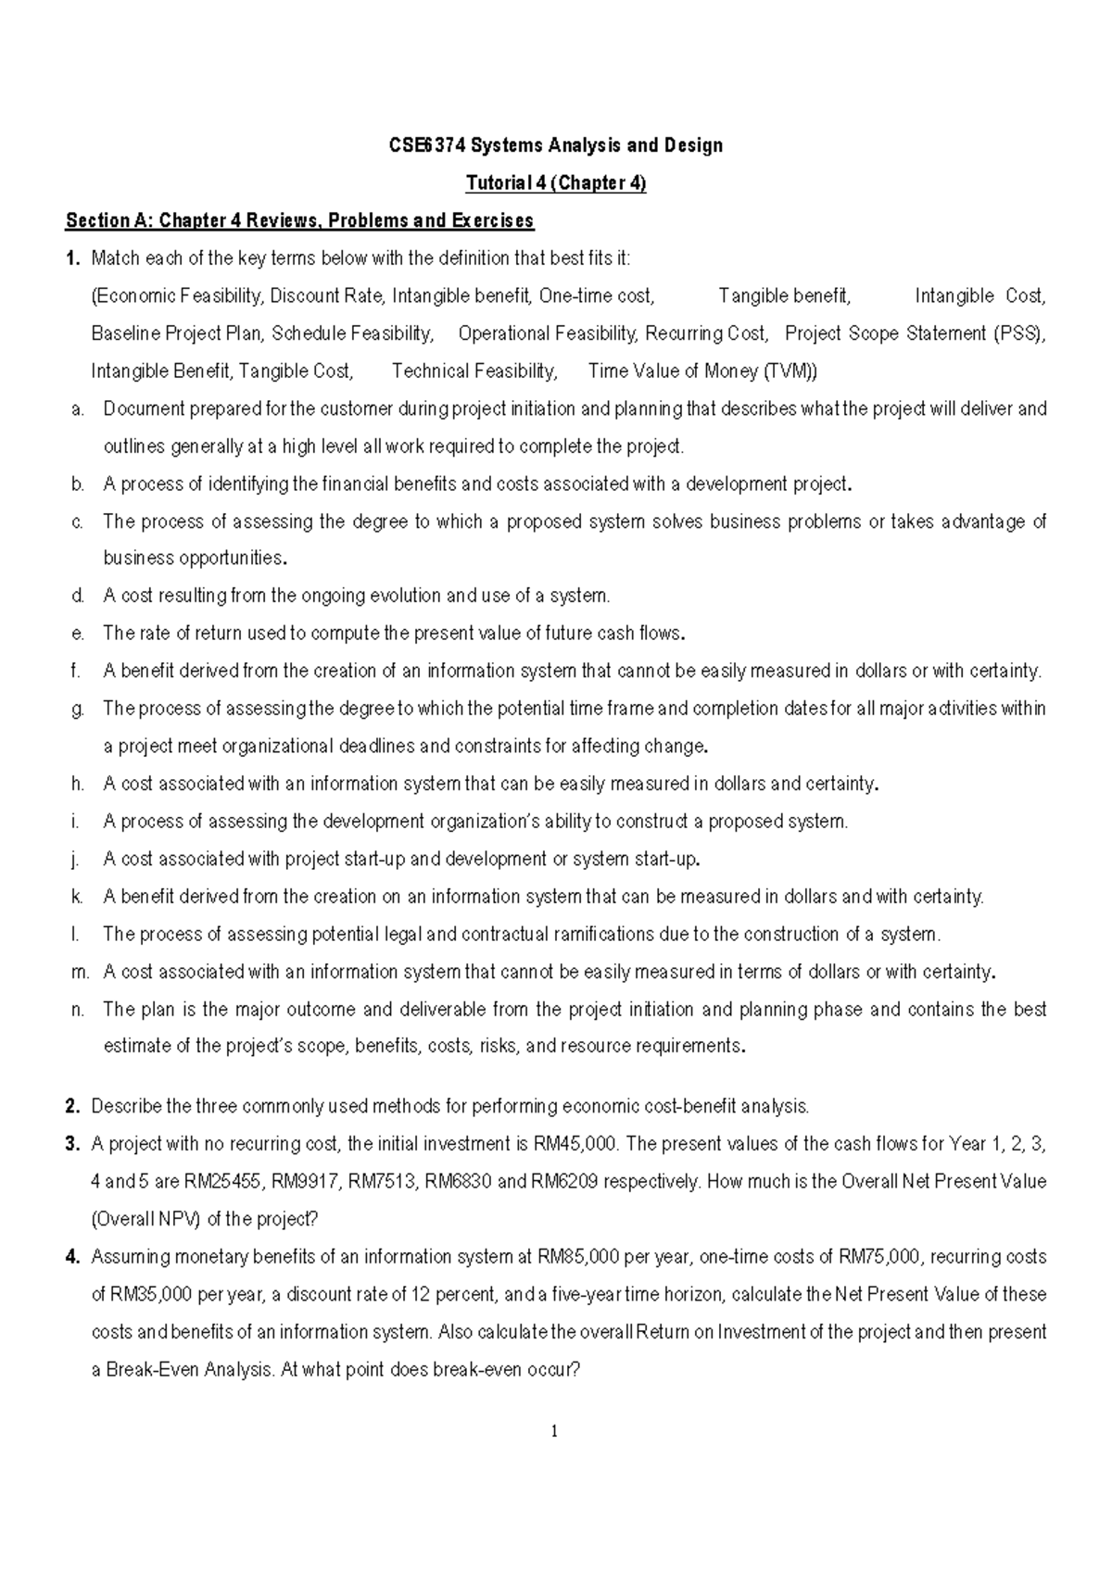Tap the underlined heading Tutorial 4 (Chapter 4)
[x=555, y=183]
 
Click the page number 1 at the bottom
[x=554, y=1432]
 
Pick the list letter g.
[x=77, y=710]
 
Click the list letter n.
[x=77, y=1010]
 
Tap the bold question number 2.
[x=71, y=1106]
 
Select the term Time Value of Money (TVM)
[x=702, y=371]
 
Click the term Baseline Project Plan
[x=176, y=333]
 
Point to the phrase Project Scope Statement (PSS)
[x=915, y=333]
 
